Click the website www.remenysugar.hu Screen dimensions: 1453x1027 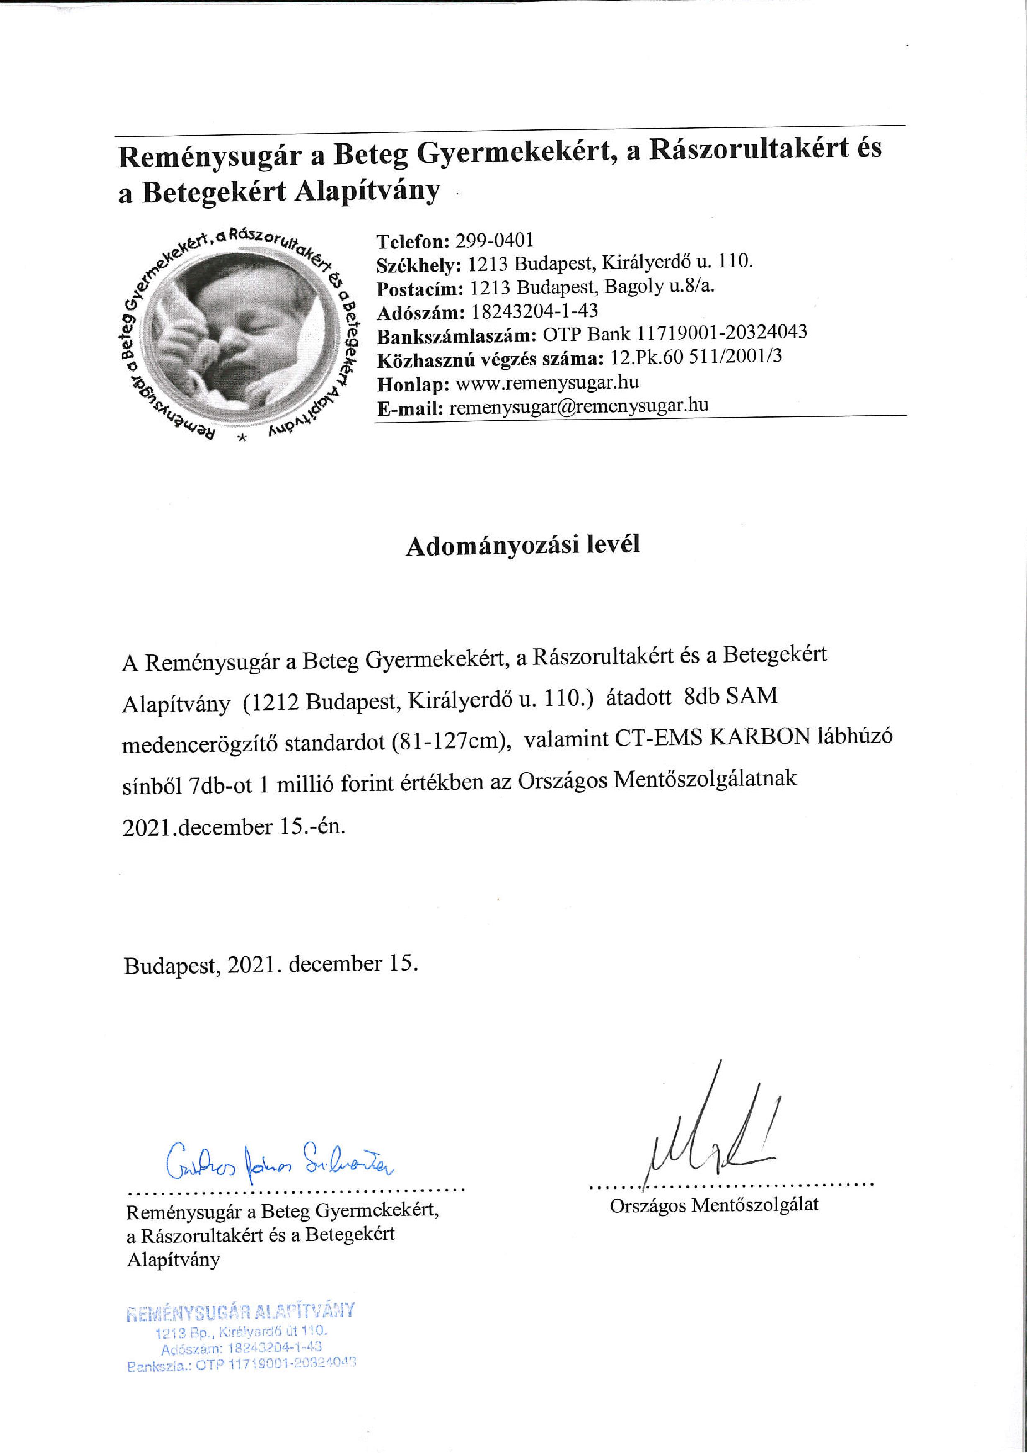[x=547, y=382]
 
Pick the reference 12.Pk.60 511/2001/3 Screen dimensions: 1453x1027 [x=696, y=359]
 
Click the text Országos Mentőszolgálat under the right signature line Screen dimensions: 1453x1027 [x=714, y=1204]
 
